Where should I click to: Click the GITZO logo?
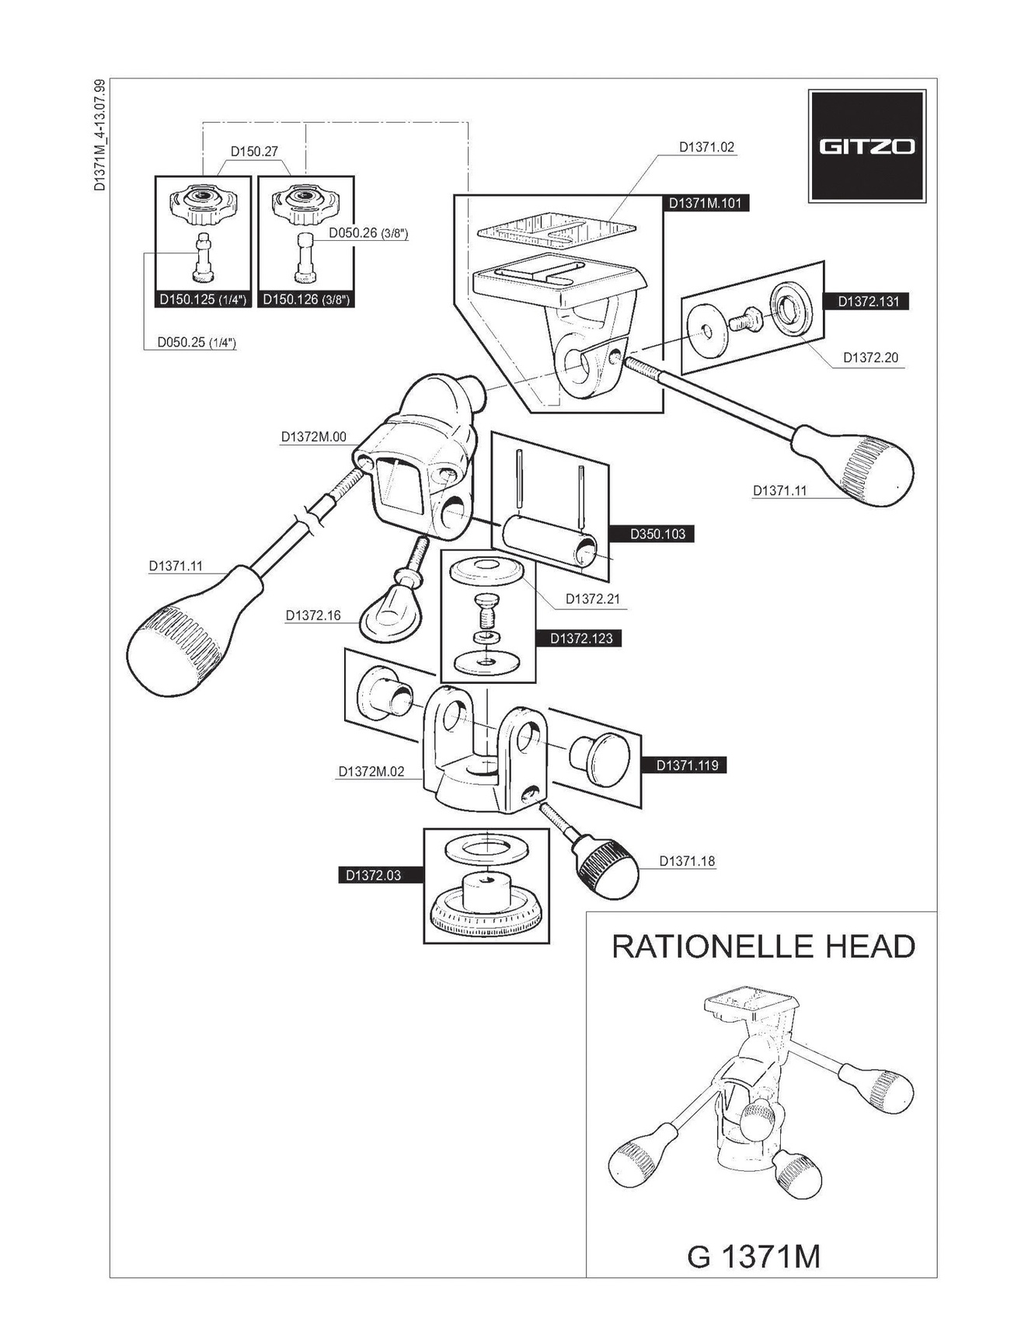pos(866,146)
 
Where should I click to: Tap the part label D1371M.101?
pos(705,204)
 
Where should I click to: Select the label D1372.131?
pos(868,301)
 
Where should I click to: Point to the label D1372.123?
pos(580,639)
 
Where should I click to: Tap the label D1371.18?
pos(687,861)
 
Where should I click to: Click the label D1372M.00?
pos(313,437)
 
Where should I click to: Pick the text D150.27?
pos(254,152)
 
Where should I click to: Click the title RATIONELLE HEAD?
pos(763,946)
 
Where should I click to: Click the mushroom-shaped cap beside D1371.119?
pos(601,757)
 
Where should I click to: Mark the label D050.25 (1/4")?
pos(197,342)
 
